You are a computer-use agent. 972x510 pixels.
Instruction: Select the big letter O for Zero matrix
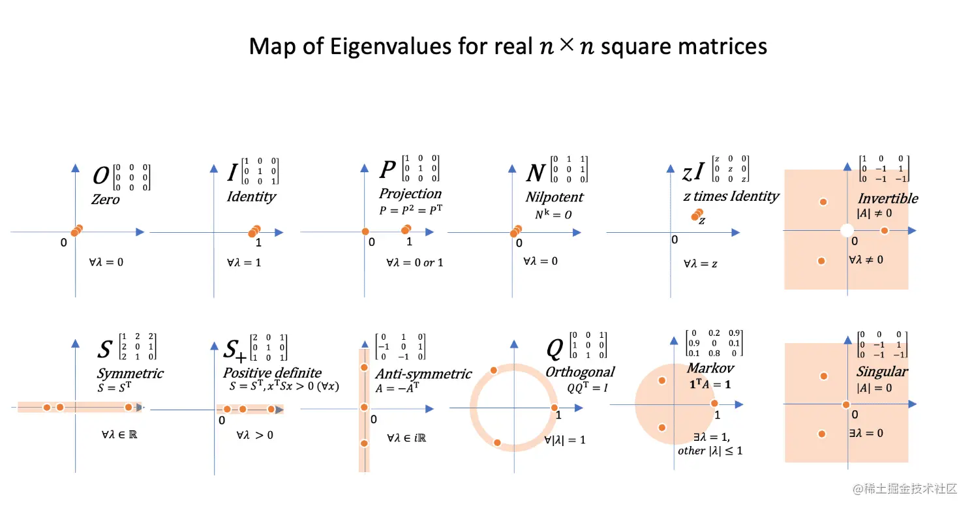[x=101, y=176]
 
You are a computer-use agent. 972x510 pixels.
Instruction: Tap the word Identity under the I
[x=251, y=196]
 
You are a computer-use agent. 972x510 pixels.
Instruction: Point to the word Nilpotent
[x=554, y=197]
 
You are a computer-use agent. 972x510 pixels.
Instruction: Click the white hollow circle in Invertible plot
[x=846, y=230]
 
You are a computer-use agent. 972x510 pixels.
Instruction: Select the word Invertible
[x=887, y=198]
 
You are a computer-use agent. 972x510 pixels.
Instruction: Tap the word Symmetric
[x=130, y=373]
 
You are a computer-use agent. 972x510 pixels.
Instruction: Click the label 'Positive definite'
[x=272, y=372]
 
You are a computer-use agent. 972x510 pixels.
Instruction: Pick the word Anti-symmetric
[x=423, y=374]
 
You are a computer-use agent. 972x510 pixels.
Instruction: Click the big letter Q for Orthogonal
[x=554, y=350]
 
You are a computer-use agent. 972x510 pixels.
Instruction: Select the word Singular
[x=882, y=371]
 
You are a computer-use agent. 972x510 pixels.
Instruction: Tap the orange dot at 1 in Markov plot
[x=714, y=404]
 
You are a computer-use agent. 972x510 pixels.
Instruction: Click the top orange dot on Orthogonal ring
[x=494, y=370]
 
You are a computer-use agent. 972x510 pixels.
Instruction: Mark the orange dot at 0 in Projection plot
[x=365, y=231]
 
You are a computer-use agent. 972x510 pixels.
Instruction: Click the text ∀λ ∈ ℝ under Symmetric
[x=115, y=432]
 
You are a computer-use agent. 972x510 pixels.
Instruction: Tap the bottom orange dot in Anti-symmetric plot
[x=364, y=443]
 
